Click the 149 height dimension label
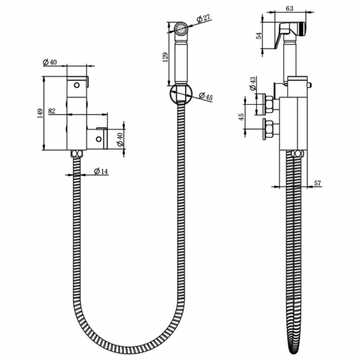pyautogui.click(x=39, y=114)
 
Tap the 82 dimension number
pyautogui.click(x=52, y=111)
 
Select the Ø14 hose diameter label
pyautogui.click(x=101, y=172)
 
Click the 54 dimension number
pyautogui.click(x=258, y=35)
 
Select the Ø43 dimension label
pyautogui.click(x=253, y=84)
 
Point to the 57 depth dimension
pyautogui.click(x=317, y=183)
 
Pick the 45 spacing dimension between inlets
pyautogui.click(x=240, y=117)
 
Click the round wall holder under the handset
pyautogui.click(x=181, y=94)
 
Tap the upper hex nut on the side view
pyautogui.click(x=269, y=103)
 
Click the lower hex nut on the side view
pyautogui.click(x=269, y=129)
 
